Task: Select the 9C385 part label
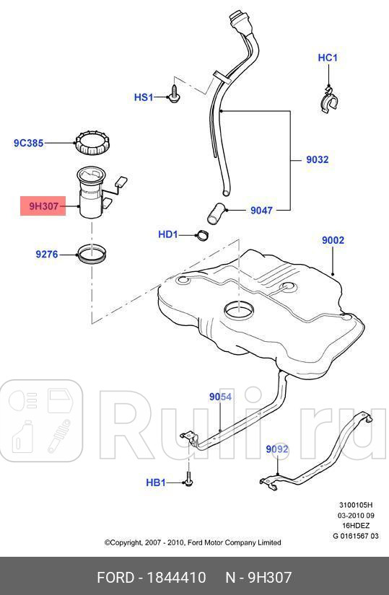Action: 29,144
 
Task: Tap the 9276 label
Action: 47,253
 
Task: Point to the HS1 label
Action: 144,97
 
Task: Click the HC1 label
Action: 328,58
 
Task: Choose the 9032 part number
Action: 317,159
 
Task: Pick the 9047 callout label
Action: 261,211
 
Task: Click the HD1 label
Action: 168,234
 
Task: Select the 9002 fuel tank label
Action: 333,240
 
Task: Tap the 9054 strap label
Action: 220,397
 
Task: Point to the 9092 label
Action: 277,449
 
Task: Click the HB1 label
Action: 156,482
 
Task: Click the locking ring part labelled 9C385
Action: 92,143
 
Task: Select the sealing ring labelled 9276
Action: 92,254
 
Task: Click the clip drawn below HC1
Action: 328,98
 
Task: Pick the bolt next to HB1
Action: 188,478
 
